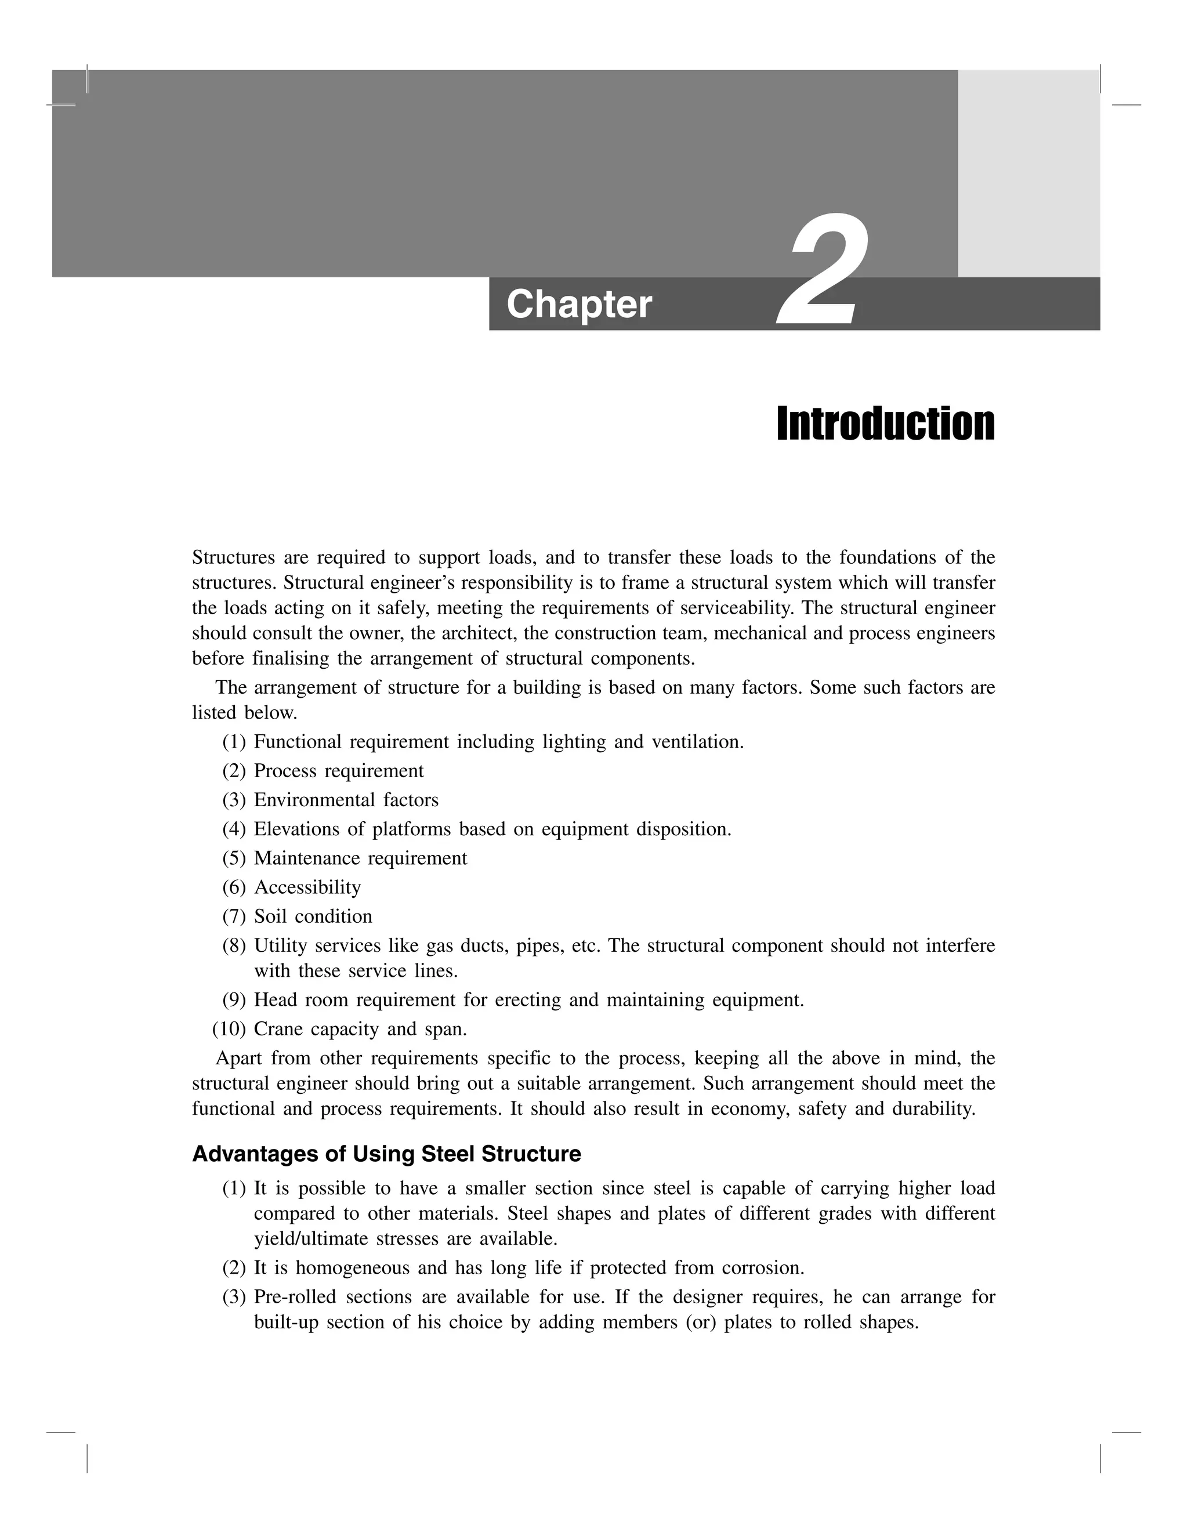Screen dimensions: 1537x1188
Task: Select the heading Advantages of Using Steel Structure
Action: [386, 1154]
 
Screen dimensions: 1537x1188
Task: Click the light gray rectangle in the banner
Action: [1028, 173]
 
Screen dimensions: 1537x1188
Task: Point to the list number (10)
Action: [229, 1029]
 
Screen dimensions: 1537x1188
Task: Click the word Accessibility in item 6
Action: [307, 887]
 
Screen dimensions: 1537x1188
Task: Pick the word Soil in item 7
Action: [270, 916]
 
